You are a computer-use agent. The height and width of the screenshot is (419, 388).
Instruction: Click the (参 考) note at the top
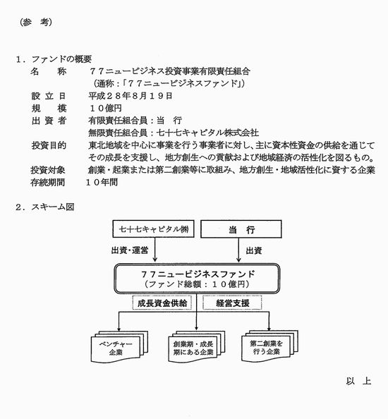[36, 22]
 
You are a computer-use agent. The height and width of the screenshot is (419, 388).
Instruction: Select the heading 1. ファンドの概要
[54, 59]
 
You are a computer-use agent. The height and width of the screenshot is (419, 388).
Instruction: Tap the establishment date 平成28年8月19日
[131, 96]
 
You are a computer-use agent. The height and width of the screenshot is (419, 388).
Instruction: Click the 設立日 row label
[49, 96]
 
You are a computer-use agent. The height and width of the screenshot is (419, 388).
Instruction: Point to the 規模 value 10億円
[106, 108]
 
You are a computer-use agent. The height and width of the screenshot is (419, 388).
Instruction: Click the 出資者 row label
[49, 121]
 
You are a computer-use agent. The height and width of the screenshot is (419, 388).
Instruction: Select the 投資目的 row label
[49, 145]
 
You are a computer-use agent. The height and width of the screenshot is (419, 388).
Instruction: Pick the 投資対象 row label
[48, 170]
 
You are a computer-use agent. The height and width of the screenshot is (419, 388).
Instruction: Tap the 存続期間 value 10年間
[102, 182]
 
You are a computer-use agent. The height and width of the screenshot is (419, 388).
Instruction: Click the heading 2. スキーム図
[45, 207]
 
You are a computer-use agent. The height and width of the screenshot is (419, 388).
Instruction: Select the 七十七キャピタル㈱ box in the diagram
[153, 229]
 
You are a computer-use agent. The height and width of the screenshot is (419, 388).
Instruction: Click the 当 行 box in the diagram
[241, 229]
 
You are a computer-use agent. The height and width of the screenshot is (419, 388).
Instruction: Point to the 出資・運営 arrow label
[130, 250]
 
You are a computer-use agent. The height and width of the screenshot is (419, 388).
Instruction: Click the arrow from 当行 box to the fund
[238, 250]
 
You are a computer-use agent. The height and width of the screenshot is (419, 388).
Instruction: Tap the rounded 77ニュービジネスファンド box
[197, 279]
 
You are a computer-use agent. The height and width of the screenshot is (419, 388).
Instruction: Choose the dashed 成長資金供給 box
[162, 303]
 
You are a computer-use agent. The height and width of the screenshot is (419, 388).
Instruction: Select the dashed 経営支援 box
[232, 303]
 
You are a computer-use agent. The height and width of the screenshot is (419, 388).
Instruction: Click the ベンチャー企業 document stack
[119, 346]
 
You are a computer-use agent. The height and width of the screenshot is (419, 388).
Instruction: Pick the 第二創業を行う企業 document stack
[269, 346]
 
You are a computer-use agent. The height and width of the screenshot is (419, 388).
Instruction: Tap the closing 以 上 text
[358, 381]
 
